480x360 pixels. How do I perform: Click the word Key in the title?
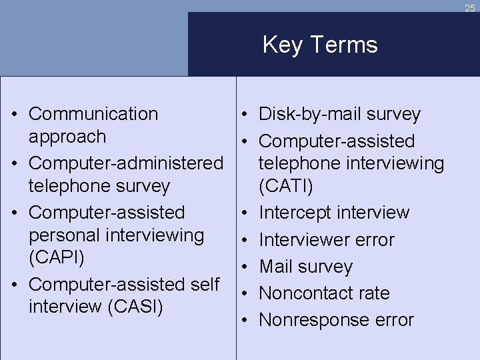click(280, 45)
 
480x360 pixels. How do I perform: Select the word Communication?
click(93, 114)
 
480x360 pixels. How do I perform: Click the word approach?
click(67, 137)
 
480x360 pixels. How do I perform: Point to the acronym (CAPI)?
click(56, 258)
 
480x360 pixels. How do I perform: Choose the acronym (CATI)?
click(286, 186)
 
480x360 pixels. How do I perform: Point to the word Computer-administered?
click(126, 163)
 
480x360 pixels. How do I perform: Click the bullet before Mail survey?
click(246, 267)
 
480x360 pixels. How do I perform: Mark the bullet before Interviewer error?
click(246, 240)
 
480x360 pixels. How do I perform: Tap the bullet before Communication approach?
click(15, 115)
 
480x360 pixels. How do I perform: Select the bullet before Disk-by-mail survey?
click(246, 115)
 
